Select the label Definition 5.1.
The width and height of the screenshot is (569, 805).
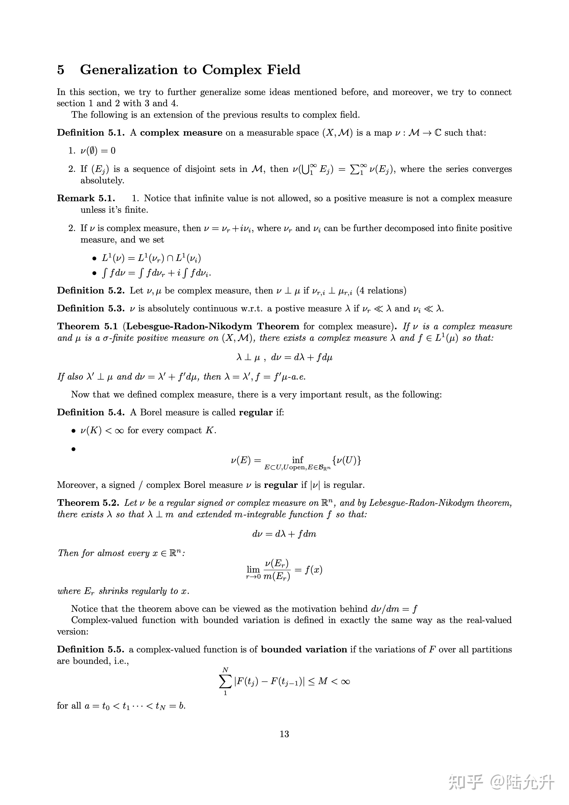[91, 133]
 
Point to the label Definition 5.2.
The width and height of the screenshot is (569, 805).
[91, 291]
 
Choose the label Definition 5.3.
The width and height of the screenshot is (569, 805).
[91, 309]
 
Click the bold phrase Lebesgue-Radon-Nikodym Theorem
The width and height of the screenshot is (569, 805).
[212, 326]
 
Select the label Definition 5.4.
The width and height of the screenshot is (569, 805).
[91, 412]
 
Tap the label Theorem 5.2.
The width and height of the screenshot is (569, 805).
[88, 503]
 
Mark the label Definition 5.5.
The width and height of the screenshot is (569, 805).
[91, 649]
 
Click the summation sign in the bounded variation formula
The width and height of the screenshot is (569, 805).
[225, 682]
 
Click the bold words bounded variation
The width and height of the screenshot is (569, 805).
[304, 649]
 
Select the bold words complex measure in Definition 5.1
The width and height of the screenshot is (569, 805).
[181, 133]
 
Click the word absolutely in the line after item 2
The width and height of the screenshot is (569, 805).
[102, 181]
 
